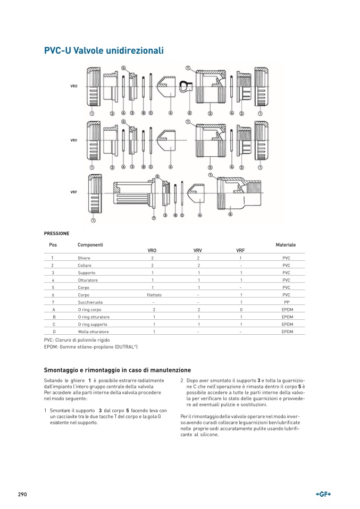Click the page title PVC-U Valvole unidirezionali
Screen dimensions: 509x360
104,50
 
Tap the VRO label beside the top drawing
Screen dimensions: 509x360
74,86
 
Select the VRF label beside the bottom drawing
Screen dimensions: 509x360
73,192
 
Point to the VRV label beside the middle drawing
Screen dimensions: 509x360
73,140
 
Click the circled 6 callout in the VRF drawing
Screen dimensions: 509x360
230,214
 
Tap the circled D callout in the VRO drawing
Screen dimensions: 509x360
190,114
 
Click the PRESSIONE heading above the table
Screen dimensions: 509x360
56,233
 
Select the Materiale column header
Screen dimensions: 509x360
286,244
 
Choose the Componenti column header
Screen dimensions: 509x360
90,244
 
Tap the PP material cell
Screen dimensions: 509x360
286,302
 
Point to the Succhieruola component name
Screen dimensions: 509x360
90,302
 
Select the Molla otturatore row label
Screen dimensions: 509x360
93,332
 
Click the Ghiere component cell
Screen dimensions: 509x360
84,257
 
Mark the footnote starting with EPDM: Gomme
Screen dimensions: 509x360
91,346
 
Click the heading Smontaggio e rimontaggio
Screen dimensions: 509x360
117,370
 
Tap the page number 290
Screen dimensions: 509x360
22,494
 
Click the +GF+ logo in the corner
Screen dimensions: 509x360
323,494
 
